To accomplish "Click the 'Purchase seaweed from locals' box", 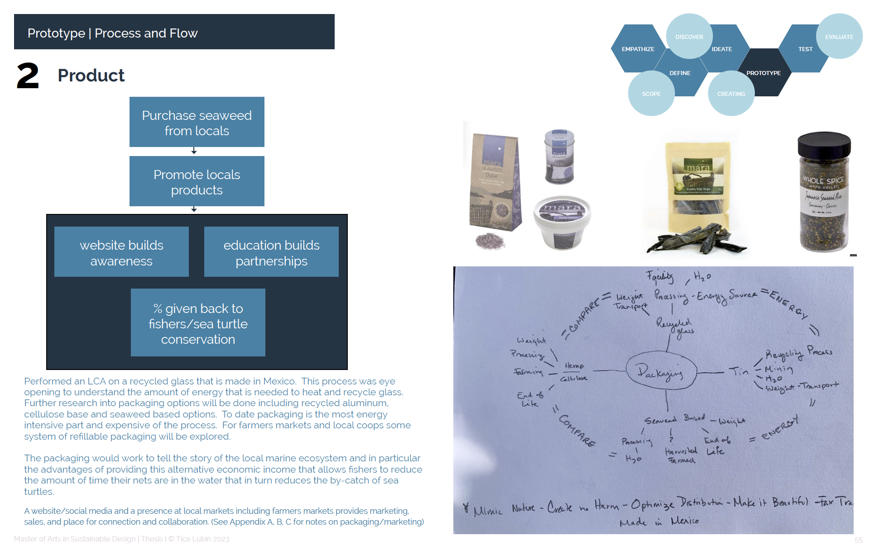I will pos(197,122).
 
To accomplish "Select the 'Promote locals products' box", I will pos(197,181).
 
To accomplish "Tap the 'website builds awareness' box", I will pos(121,252).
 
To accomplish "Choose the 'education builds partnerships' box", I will pos(271,252).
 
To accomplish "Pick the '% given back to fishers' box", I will pos(198,323).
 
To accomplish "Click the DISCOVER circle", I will pos(689,37).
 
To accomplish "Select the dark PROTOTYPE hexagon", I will pos(764,73).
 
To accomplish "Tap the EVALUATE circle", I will pos(839,37).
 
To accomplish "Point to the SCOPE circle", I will pos(651,94).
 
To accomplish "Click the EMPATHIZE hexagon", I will pos(638,49).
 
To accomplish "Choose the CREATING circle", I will pos(731,94).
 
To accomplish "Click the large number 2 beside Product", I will pos(28,76).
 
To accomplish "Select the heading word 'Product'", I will pos(91,76).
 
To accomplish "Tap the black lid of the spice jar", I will pos(824,144).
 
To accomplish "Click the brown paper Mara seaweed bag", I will pos(495,183).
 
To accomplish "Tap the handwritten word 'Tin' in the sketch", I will pos(739,372).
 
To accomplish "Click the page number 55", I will pos(858,540).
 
